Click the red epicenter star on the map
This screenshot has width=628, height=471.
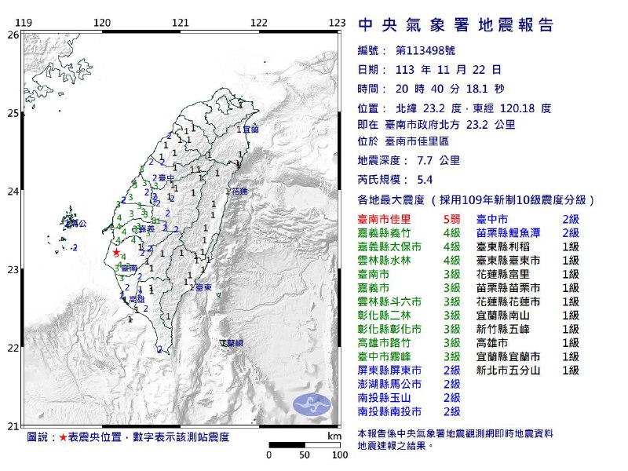[116, 253]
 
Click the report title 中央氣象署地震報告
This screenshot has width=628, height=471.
[456, 25]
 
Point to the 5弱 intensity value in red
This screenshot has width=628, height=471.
[450, 219]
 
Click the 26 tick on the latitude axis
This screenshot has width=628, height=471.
[13, 35]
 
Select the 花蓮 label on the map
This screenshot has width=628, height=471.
[239, 191]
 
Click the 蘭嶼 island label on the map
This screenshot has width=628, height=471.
[232, 343]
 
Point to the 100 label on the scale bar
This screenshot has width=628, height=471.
[339, 455]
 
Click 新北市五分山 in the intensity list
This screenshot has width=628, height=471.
[509, 369]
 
